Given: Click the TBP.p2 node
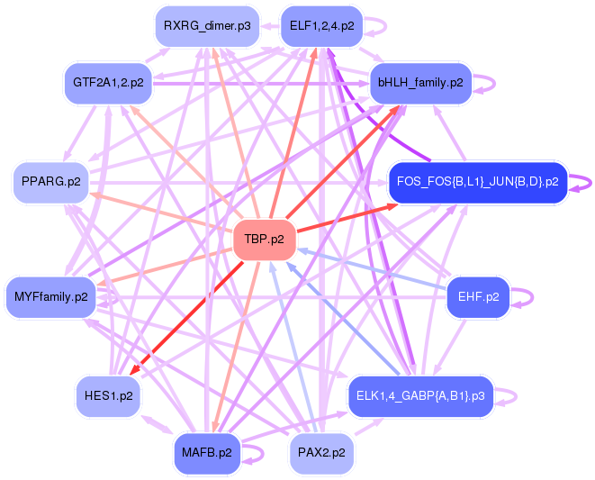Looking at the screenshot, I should coord(264,240).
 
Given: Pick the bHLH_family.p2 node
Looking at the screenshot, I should coord(420,83).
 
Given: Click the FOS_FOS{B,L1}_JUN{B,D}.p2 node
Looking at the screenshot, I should coord(477,181).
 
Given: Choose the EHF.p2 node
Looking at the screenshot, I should coord(478,295).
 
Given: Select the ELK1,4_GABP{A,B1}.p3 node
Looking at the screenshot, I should coord(420,395).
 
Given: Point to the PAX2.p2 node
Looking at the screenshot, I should coord(320,453).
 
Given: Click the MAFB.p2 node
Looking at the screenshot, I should coord(205,453).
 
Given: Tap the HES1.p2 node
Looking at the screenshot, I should coord(108,395).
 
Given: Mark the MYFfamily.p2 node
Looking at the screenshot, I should coord(51,296).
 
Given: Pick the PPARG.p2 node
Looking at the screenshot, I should coord(50,181).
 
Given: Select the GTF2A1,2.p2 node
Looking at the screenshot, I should coord(108,83).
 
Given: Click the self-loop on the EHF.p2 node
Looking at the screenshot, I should coord(525,296).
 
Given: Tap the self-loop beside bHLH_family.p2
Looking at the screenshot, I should coord(487,83).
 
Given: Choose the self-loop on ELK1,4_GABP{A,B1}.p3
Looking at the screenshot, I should coord(509,395).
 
